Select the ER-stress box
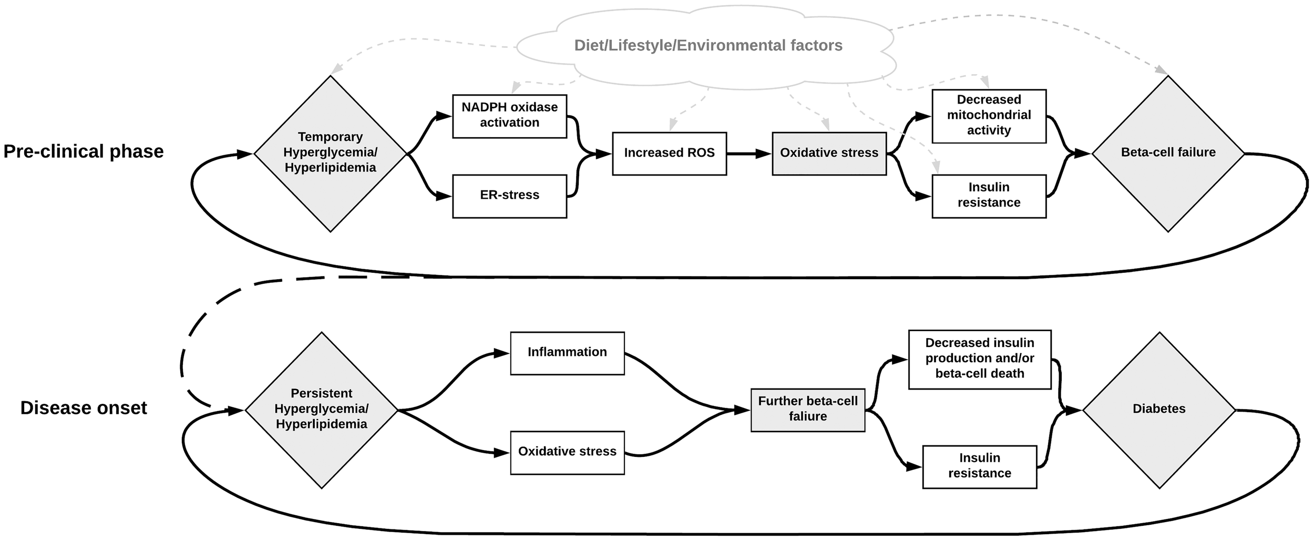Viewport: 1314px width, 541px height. (x=509, y=196)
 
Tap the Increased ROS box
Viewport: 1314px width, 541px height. (x=669, y=154)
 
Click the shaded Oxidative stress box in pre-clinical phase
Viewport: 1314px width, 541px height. (x=829, y=154)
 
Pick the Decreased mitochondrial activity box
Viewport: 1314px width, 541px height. (x=989, y=116)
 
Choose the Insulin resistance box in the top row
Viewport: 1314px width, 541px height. (x=989, y=196)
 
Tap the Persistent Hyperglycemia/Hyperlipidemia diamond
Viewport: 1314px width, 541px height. (x=321, y=410)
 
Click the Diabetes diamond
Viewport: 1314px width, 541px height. (x=1159, y=410)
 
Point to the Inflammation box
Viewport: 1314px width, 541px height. (x=567, y=353)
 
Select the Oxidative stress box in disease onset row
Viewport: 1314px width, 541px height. (x=567, y=452)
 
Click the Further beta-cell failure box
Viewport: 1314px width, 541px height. (x=807, y=410)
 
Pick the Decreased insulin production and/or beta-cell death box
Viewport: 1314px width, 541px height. (x=979, y=359)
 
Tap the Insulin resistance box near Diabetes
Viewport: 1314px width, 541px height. (x=979, y=466)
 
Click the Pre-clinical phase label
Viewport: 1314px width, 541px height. (x=84, y=152)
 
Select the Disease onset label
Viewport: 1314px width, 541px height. (x=84, y=409)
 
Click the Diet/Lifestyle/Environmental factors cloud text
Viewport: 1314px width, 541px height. (x=707, y=46)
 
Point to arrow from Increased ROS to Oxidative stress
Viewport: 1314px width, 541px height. (x=748, y=154)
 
